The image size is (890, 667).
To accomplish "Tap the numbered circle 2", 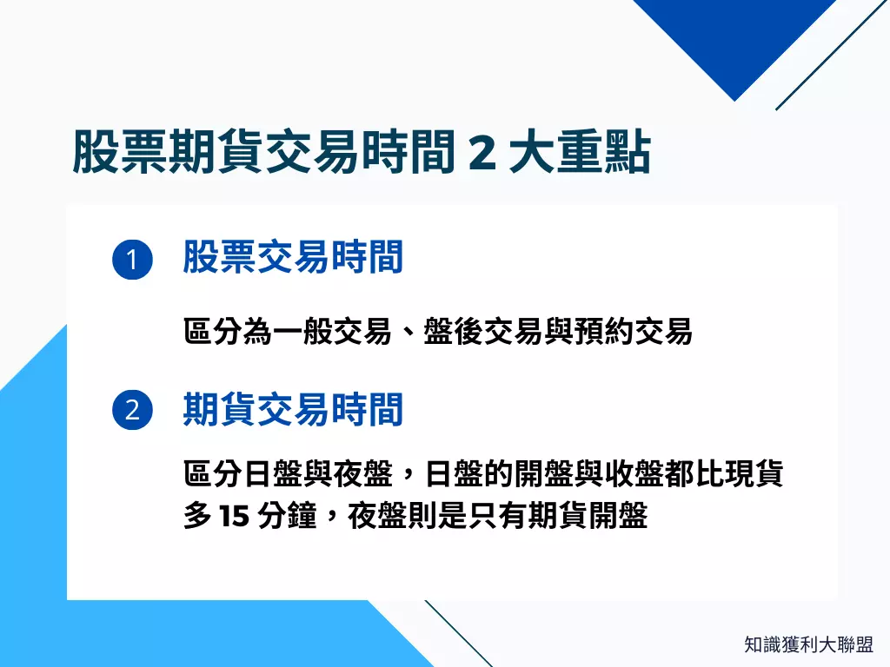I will point(132,410).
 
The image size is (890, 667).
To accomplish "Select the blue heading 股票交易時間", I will point(293,258).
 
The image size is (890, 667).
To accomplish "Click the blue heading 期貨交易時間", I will point(293,409).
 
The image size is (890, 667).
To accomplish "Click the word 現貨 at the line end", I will point(757,475).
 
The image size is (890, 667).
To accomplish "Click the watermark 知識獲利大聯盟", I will point(808,644).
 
